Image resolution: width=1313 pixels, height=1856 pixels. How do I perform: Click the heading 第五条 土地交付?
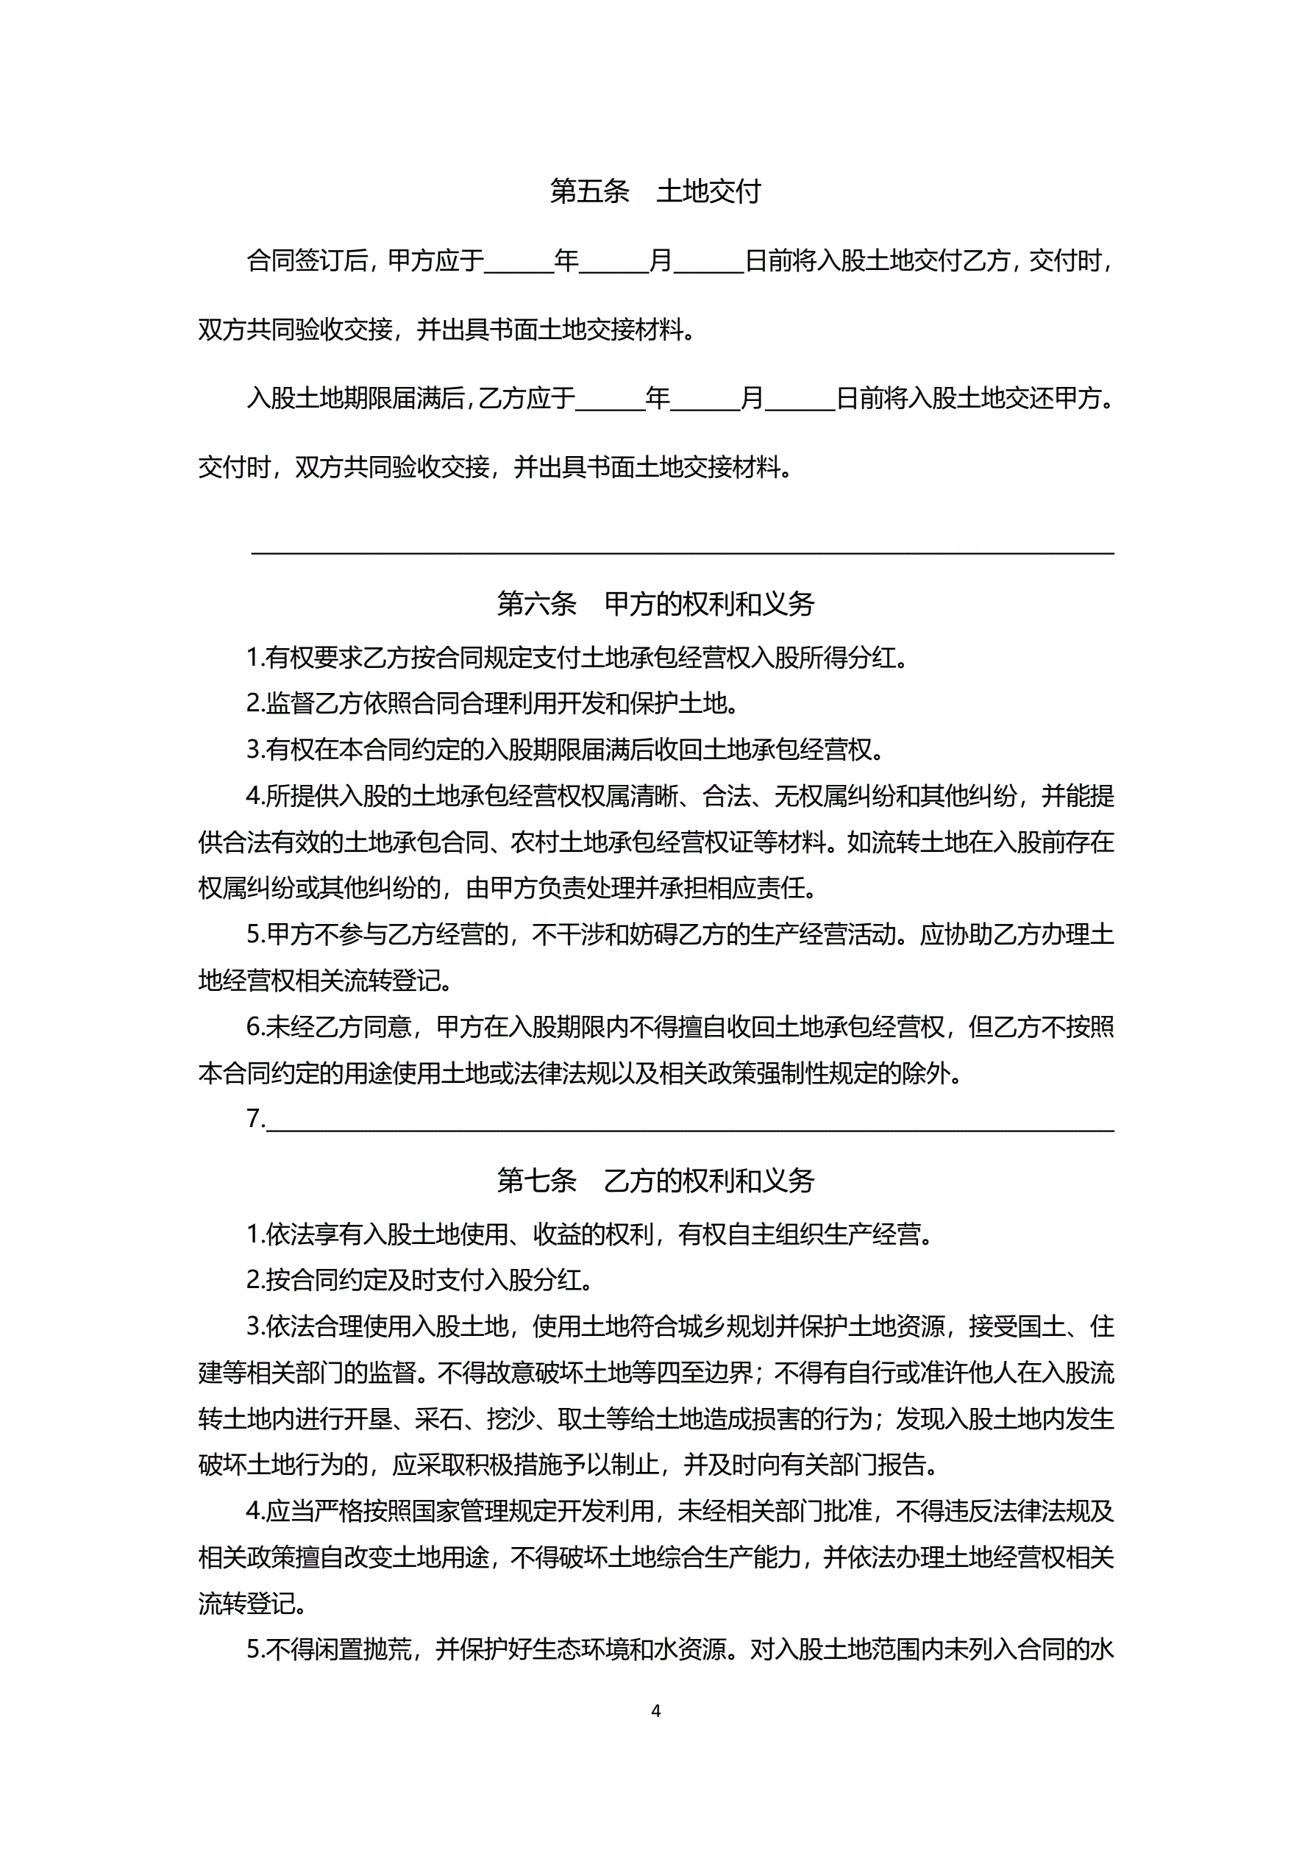pos(655,191)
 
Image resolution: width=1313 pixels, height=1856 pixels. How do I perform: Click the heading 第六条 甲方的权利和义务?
pos(655,604)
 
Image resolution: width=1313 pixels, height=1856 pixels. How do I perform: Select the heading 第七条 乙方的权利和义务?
pos(655,1181)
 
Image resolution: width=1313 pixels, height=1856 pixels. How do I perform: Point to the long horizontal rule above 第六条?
pos(683,553)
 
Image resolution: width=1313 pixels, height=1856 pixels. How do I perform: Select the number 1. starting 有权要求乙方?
pos(255,658)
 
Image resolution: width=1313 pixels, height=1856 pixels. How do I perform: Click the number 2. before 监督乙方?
pos(255,704)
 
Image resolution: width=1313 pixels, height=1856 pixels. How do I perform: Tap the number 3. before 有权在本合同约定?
pos(255,750)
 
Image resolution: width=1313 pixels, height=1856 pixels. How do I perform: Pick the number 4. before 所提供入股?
pos(255,796)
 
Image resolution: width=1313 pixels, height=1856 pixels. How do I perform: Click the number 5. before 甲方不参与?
pos(255,935)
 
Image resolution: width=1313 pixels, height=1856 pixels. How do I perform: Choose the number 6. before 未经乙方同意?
pos(255,1028)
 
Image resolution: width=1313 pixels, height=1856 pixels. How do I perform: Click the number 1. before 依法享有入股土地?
pos(255,1234)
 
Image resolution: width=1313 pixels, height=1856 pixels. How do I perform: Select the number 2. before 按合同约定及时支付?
pos(255,1281)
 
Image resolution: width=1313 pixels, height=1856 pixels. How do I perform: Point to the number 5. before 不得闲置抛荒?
pos(255,1649)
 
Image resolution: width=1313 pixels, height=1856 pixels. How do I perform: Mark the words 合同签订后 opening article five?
pos(307,261)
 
